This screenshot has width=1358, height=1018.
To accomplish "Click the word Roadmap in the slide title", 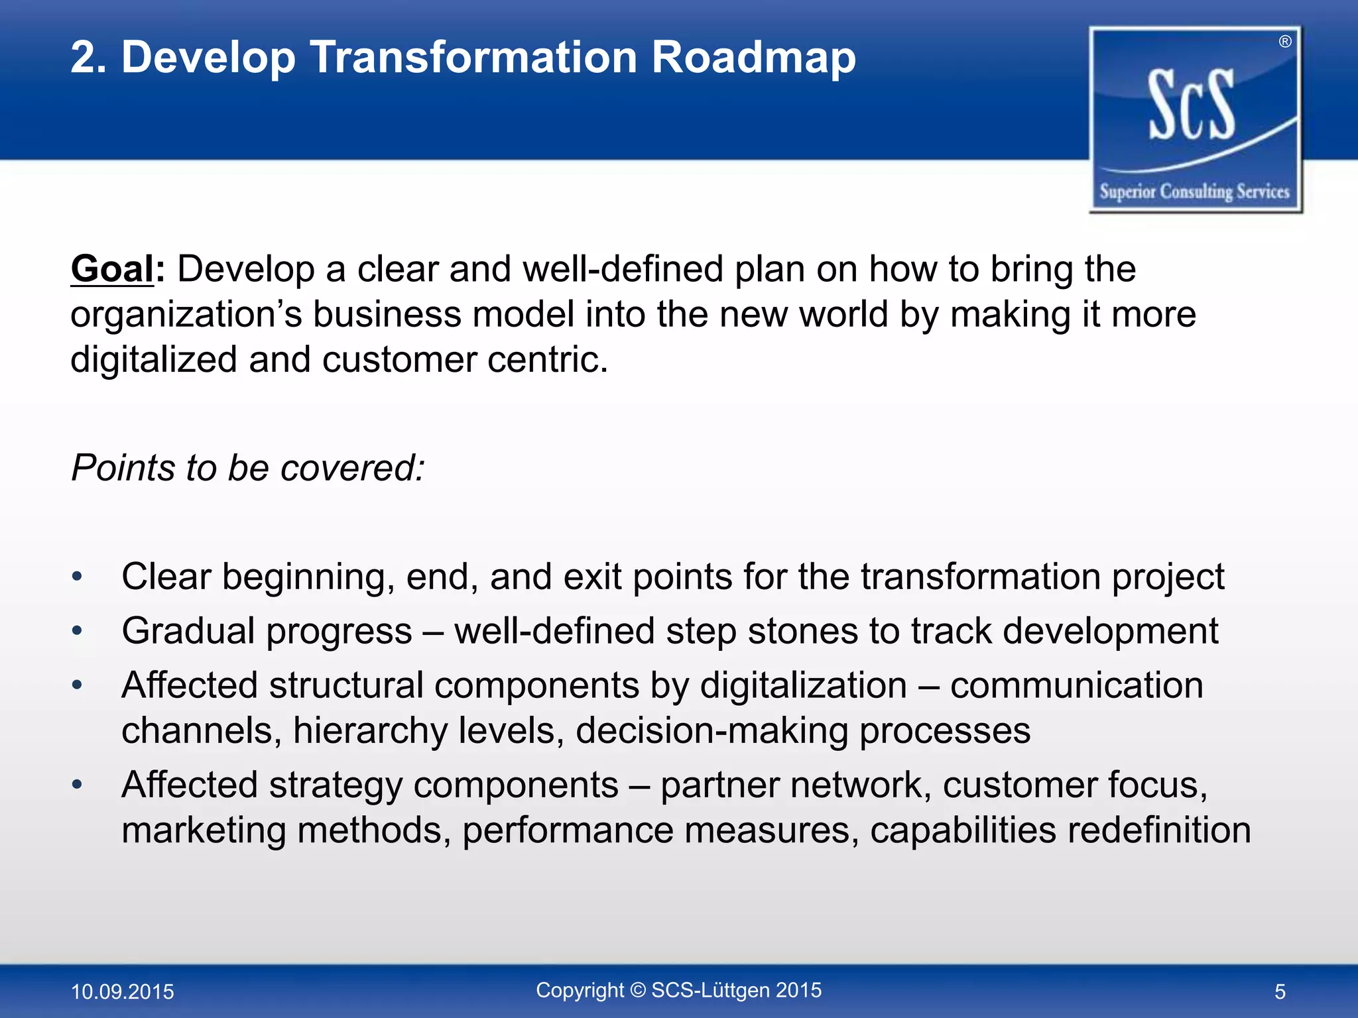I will point(753,58).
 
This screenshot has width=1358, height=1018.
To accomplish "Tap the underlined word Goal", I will point(112,270).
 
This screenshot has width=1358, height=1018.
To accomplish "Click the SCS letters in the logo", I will point(1192,106).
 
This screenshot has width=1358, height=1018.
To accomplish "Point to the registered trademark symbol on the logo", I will point(1285,42).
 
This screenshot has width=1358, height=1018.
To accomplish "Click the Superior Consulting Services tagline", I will point(1194,192).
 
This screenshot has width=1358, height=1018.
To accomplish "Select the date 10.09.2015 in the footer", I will point(122,991).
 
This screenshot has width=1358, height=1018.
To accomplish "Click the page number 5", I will point(1280,991).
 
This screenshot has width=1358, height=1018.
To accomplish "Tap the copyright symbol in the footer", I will point(637,990).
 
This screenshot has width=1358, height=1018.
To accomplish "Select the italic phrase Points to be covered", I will point(247,468).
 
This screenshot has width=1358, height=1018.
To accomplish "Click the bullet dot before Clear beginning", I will point(78,576).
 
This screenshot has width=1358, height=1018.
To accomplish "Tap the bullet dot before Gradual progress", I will point(78,630).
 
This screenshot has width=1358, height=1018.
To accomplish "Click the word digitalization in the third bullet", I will point(804,685).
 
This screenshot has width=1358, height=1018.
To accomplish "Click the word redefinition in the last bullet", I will point(1160,830).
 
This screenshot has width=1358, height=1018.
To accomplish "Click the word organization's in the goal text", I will point(186,314).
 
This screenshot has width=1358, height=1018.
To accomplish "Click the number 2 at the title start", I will point(85,58).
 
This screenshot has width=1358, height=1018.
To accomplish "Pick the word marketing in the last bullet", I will point(204,830).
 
